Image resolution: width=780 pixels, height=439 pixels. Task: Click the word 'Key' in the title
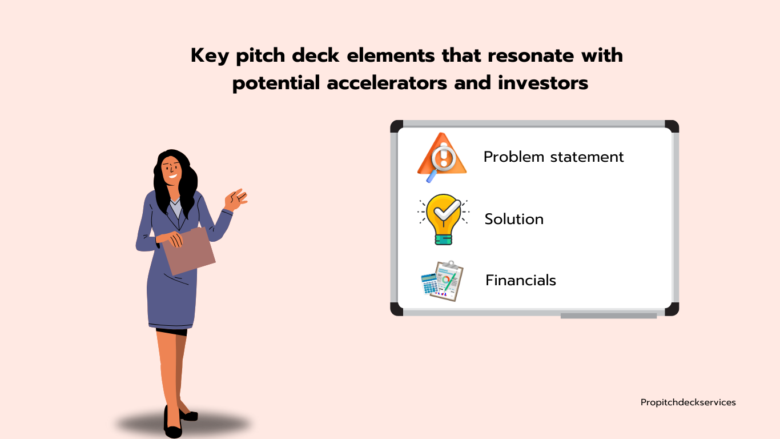click(x=210, y=56)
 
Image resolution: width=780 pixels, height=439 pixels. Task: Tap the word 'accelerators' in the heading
click(x=387, y=83)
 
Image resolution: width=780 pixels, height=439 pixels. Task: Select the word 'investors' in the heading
click(x=543, y=83)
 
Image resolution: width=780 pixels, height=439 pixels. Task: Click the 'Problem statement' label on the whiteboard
click(x=554, y=157)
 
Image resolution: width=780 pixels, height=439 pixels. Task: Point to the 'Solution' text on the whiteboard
click(x=514, y=219)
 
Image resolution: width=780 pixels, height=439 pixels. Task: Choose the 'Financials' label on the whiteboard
click(x=521, y=280)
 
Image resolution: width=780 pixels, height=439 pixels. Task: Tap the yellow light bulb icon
click(x=444, y=219)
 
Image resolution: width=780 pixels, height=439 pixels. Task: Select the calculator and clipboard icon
click(x=442, y=281)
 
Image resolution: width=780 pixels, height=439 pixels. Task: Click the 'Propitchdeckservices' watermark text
click(x=688, y=402)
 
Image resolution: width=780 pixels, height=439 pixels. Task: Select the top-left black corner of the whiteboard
click(x=396, y=126)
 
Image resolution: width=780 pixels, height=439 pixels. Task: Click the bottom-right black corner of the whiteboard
click(x=672, y=309)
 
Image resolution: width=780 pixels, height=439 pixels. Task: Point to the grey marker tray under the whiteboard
click(x=608, y=316)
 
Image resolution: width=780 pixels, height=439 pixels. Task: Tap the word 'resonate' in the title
click(x=530, y=55)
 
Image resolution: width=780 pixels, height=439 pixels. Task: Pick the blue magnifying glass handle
click(x=432, y=176)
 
